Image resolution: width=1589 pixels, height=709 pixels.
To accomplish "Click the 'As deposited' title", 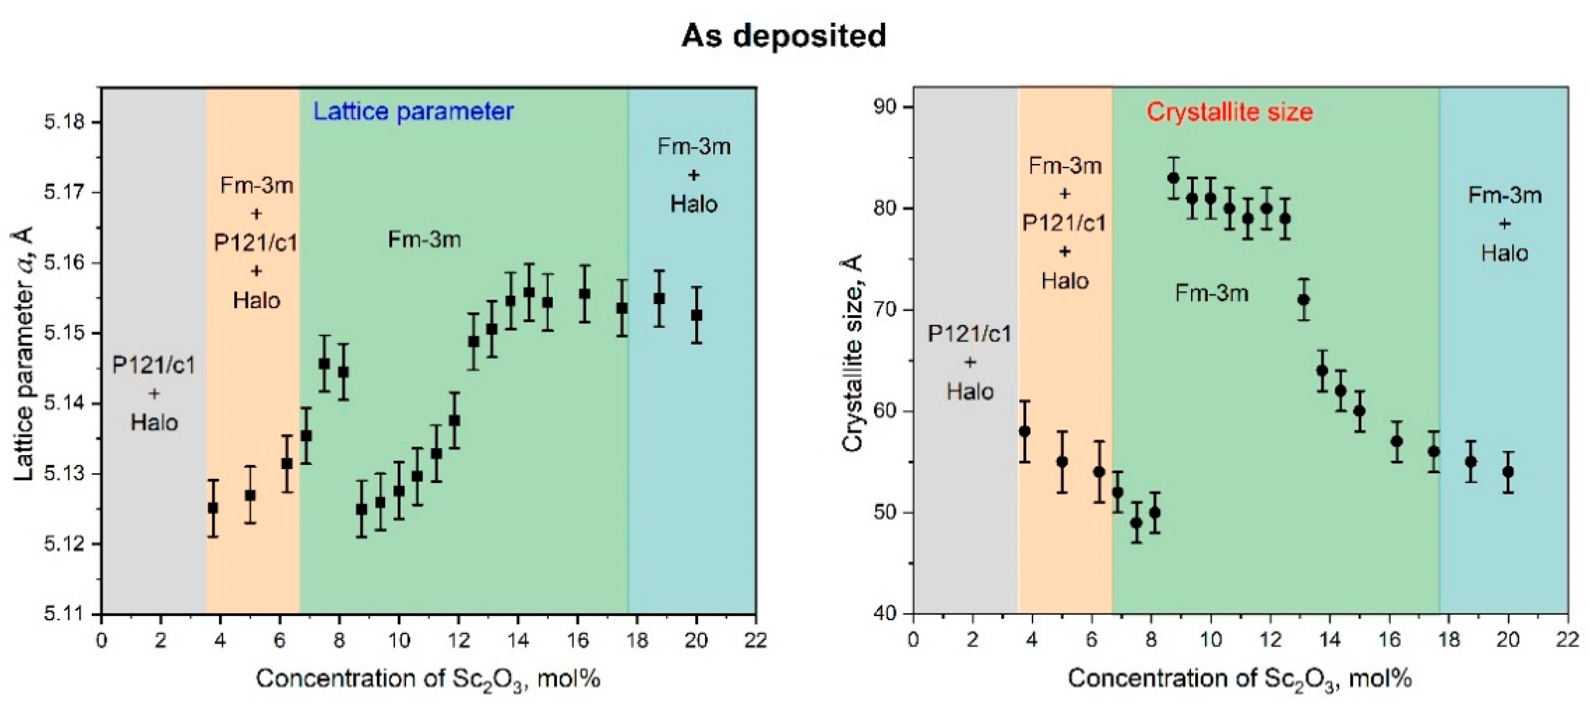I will point(783,35).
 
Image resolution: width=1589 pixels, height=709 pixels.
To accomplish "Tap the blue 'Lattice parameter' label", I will point(413,111).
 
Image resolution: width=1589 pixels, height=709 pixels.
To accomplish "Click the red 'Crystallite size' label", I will point(1229,111).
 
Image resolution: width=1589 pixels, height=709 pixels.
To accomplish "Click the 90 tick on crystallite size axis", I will point(885,107).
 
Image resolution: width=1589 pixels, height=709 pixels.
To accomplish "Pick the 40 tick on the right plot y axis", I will point(885,614).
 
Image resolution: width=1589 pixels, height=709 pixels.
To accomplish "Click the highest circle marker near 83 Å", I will point(1173,178).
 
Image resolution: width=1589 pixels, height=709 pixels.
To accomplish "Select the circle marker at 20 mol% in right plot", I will point(1508,472).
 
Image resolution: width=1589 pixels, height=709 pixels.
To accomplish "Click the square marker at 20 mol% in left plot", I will point(696,315).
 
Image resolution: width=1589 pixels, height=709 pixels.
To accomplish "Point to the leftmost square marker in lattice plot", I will point(213,508).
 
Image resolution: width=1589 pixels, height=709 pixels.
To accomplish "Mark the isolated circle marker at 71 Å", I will point(1304,300).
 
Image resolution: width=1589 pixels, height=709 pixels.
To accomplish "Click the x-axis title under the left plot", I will point(428,679).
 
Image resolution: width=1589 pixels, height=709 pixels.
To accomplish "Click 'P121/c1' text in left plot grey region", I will point(154,366).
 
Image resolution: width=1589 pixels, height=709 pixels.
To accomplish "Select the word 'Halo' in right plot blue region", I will point(1504,253).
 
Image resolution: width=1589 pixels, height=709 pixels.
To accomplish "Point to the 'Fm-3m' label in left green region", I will point(424,239).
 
